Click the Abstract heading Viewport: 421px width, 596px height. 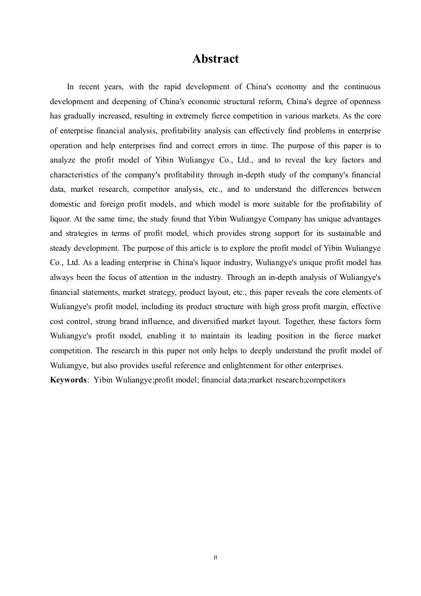click(216, 59)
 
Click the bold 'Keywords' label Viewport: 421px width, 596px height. click(68, 380)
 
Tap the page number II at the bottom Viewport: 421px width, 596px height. click(216, 557)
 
